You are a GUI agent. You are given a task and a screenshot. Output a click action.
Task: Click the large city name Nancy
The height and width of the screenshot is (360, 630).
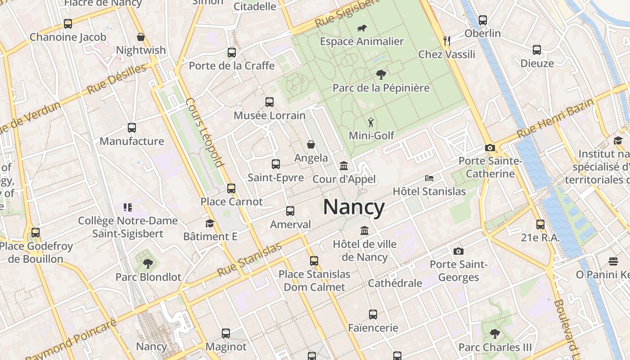click(354, 207)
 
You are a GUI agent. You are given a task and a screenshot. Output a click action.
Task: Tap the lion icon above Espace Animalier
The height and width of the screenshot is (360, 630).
click(361, 28)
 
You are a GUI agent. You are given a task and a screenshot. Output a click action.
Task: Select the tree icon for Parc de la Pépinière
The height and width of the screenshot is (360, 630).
click(381, 75)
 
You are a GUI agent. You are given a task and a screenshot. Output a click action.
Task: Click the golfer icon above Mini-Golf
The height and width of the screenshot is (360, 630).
click(371, 122)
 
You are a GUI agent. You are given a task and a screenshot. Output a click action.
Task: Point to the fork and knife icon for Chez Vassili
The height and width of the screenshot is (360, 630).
click(446, 41)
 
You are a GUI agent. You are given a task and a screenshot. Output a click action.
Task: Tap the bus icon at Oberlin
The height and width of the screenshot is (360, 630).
click(482, 20)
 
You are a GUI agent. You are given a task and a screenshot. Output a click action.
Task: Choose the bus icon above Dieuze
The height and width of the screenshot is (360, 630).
click(536, 50)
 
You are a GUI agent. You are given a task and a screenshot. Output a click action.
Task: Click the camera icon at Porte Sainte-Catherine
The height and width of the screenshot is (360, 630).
click(490, 148)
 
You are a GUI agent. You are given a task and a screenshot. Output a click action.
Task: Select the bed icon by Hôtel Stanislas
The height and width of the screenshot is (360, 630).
click(429, 178)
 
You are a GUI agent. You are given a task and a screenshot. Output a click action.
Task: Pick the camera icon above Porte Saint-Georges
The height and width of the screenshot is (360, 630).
click(458, 251)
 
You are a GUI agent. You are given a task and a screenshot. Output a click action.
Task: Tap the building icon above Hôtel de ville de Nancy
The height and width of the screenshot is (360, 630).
click(364, 231)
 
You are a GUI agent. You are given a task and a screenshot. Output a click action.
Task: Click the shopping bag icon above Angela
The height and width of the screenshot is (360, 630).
click(311, 144)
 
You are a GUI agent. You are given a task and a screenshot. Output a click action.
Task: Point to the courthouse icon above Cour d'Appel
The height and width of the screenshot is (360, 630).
click(344, 166)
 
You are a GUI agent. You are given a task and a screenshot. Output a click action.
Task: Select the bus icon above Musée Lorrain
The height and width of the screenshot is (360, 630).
click(269, 102)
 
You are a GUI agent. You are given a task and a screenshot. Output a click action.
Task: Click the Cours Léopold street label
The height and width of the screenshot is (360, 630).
click(205, 132)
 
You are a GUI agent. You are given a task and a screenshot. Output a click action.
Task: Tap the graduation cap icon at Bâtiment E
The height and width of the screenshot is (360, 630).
click(210, 223)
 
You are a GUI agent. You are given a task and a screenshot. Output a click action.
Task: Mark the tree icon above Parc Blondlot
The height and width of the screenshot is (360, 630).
click(148, 264)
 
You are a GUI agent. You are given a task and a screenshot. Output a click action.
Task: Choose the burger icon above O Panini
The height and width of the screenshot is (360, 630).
click(612, 261)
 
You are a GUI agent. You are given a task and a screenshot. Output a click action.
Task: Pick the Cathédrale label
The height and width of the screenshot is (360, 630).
click(395, 283)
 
